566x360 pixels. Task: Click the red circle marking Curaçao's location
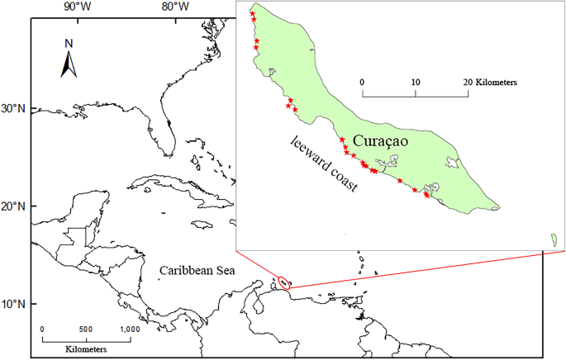click(284, 282)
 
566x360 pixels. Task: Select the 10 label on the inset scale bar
click(415, 82)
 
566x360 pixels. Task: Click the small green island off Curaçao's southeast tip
click(552, 239)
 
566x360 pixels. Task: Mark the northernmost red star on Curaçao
click(252, 14)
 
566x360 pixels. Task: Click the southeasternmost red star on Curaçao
click(426, 195)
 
